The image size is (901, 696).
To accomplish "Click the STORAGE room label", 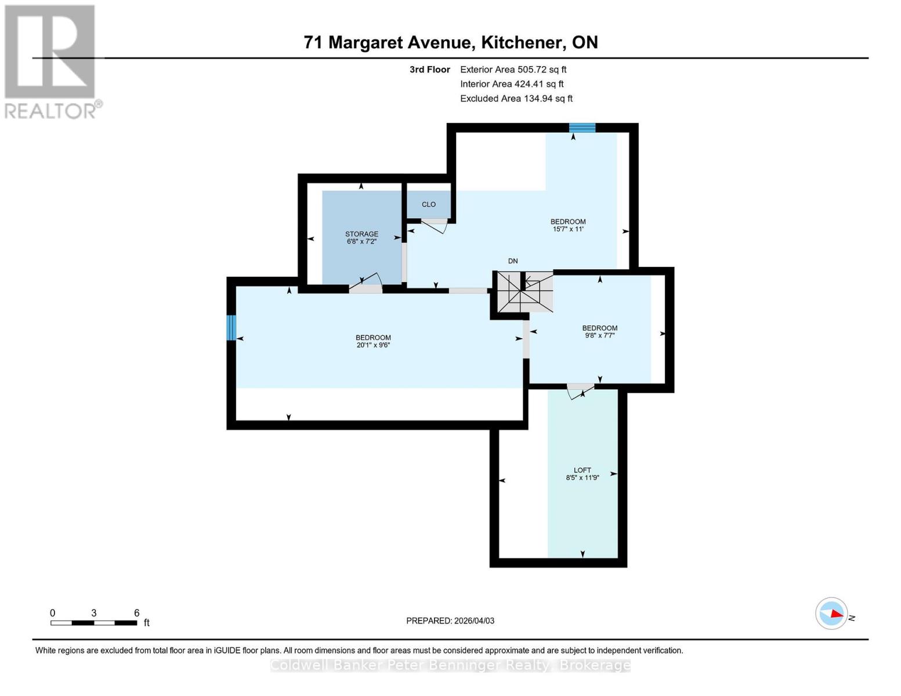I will click(361, 234).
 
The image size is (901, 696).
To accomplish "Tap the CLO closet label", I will click(429, 204).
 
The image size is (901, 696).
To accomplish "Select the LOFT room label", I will click(582, 470).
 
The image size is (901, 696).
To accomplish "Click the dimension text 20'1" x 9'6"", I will click(373, 345).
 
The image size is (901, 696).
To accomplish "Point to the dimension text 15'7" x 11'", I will click(567, 229).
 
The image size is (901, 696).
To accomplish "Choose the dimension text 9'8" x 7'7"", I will click(599, 335).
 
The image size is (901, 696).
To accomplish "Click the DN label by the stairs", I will click(513, 261).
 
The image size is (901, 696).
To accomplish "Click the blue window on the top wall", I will click(582, 128).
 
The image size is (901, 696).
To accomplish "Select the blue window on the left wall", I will click(231, 328).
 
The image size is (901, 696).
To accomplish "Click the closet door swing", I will click(435, 226).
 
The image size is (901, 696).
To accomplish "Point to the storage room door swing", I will click(366, 284).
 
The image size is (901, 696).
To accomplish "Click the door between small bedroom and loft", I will click(580, 391).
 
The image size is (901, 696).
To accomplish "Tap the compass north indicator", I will click(832, 613).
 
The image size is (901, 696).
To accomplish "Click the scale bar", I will click(93, 623).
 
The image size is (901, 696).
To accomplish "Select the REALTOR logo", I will click(51, 61).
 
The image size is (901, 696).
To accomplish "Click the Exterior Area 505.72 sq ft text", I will click(513, 69).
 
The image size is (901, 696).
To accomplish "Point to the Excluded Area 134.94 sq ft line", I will click(516, 99).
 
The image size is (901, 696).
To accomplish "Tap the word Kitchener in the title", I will click(522, 42).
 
